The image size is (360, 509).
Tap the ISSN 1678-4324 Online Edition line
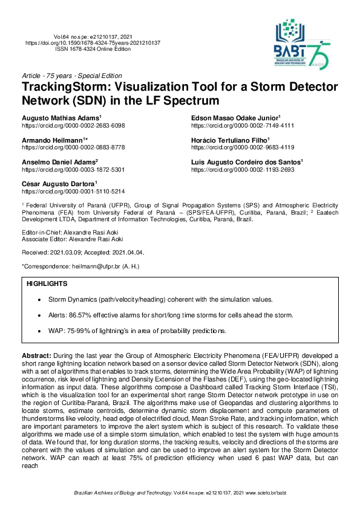pyautogui.click(x=92, y=49)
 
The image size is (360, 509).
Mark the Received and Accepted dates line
pyautogui.click(x=83, y=252)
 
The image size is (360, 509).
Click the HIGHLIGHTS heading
pyautogui.click(x=47, y=283)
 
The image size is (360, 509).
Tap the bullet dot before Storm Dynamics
pyautogui.click(x=39, y=300)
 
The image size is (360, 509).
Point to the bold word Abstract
pyautogui.click(x=36, y=356)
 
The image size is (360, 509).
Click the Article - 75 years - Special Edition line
pyautogui.click(x=71, y=76)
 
